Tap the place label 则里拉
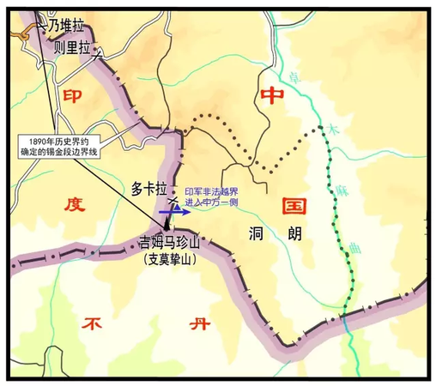pyautogui.click(x=71, y=48)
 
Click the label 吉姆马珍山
pyautogui.click(x=168, y=243)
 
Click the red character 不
pyautogui.click(x=93, y=324)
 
